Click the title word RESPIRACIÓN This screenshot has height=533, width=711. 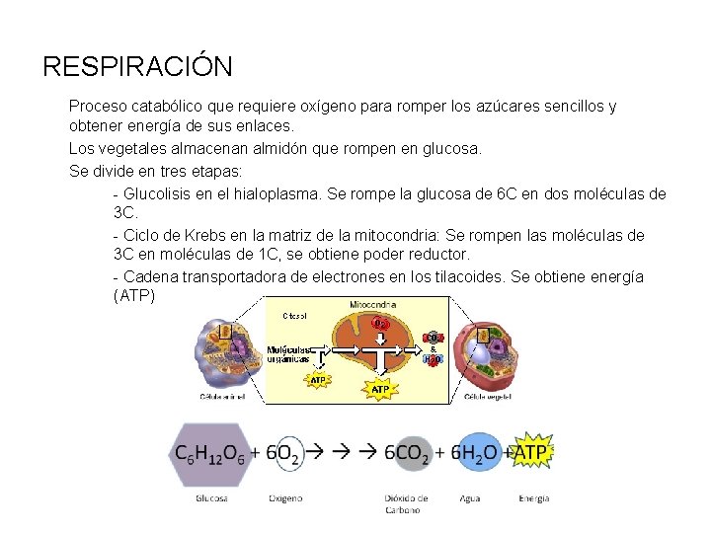point(138,67)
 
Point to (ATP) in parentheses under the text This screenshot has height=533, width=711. point(135,296)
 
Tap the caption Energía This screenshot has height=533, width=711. point(533,498)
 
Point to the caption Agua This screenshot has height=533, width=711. point(470,498)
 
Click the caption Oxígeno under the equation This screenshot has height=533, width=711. point(285,498)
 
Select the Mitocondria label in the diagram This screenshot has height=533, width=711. point(374,305)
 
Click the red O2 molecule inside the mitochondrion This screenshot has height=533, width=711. point(380,324)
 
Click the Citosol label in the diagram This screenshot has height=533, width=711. point(294,316)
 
